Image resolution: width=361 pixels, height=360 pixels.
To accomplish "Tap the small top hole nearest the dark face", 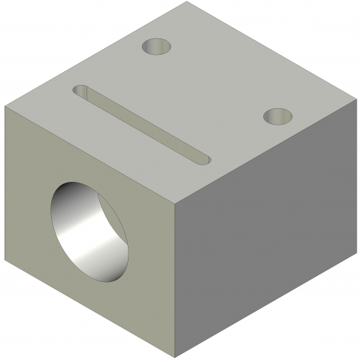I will click(278, 116).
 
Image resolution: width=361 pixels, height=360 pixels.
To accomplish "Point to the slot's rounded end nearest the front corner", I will click(200, 158).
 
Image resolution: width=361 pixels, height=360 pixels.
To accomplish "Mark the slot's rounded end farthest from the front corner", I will click(83, 91).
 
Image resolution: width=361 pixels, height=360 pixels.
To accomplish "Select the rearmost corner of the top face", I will click(184, 3).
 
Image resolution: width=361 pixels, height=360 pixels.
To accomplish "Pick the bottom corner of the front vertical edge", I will click(177, 355).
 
